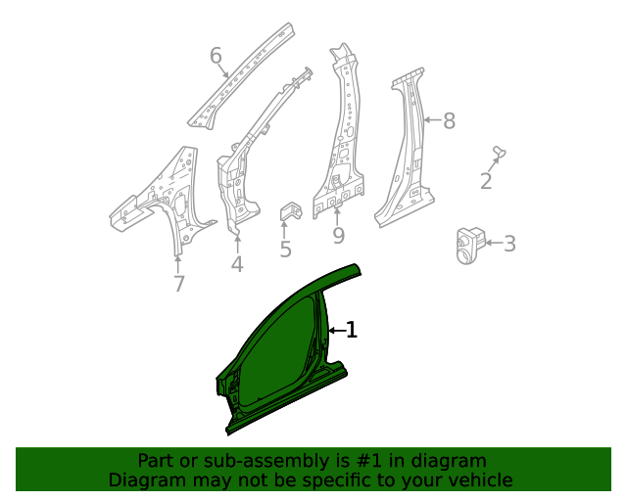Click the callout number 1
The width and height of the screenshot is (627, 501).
[352, 331]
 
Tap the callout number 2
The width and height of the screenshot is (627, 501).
[486, 181]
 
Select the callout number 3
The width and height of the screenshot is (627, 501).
[509, 244]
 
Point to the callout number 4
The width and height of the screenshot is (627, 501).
[237, 264]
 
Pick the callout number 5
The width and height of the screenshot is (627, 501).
[285, 250]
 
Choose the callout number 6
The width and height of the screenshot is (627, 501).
[217, 56]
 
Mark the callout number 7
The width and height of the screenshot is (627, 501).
[178, 284]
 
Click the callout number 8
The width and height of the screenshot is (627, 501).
[449, 121]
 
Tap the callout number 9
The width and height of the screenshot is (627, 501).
[338, 236]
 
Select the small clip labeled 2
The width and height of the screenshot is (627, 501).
[499, 152]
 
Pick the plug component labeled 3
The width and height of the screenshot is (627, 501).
[469, 243]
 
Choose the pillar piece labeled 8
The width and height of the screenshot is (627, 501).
[407, 157]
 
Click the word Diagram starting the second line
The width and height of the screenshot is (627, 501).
[146, 479]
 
